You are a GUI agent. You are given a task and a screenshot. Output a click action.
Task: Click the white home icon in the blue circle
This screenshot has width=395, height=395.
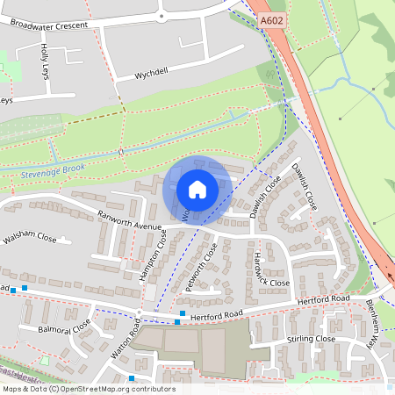click(x=197, y=189)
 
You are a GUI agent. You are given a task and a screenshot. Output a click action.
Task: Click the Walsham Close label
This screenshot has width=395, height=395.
click(x=29, y=238)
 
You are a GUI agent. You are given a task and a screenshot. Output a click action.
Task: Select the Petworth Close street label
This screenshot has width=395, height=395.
click(x=203, y=267)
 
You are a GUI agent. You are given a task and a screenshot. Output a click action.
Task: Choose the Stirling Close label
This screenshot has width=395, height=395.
click(x=311, y=339)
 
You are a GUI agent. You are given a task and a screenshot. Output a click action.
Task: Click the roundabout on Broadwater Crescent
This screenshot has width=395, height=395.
click(x=162, y=15)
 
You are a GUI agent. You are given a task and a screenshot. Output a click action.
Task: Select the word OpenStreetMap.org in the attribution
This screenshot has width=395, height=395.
click(x=96, y=389)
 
